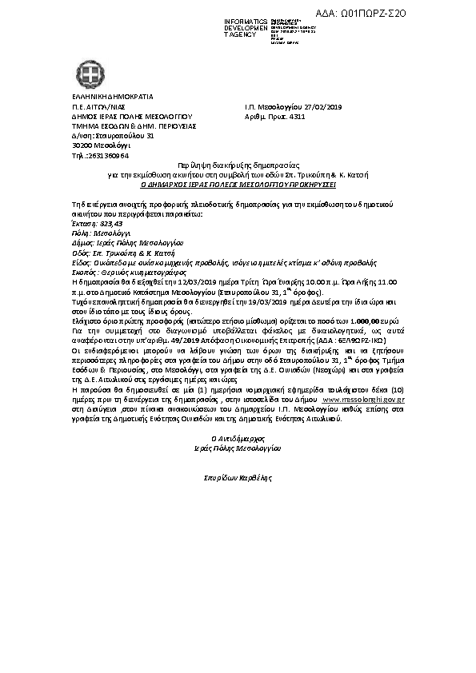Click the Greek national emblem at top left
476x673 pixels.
[91, 76]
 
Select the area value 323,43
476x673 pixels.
[110, 224]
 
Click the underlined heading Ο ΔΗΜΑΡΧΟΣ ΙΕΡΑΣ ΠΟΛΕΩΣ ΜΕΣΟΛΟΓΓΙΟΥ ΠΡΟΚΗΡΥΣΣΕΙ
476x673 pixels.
[238, 182]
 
